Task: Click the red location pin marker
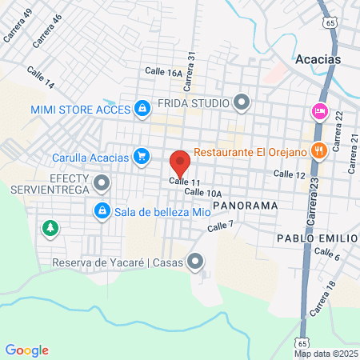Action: [x=180, y=162]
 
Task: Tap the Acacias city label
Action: [x=318, y=59]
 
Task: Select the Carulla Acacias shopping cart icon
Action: [x=142, y=156]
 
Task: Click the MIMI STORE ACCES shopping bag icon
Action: [x=142, y=108]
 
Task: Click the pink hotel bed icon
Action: [x=319, y=111]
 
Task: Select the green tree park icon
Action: [x=50, y=229]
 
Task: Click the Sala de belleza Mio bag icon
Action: [x=102, y=211]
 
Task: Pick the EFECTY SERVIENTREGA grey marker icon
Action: [x=102, y=185]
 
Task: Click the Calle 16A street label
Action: [x=163, y=71]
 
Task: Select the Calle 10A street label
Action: [x=202, y=192]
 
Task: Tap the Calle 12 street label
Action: [x=289, y=174]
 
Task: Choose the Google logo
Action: [x=27, y=350]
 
